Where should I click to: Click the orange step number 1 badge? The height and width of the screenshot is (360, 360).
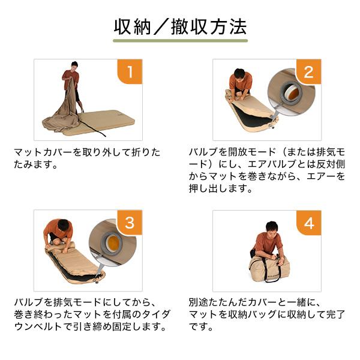pyautogui.click(x=130, y=71)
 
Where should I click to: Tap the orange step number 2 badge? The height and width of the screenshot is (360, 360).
pyautogui.click(x=308, y=71)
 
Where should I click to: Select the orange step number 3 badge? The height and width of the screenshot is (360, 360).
pyautogui.click(x=130, y=223)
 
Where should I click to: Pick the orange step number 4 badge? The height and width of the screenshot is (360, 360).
pyautogui.click(x=308, y=223)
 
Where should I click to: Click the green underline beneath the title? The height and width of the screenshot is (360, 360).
pyautogui.click(x=180, y=41)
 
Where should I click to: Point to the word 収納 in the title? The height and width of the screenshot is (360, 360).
pyautogui.click(x=133, y=27)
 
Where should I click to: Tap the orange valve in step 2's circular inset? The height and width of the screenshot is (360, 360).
pyautogui.click(x=293, y=94)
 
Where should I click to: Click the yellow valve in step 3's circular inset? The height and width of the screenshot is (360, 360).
pyautogui.click(x=114, y=244)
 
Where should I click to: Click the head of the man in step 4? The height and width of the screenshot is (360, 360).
pyautogui.click(x=272, y=226)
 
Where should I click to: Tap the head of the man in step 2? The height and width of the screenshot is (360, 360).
pyautogui.click(x=239, y=74)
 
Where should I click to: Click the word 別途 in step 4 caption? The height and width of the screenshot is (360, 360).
pyautogui.click(x=199, y=302)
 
